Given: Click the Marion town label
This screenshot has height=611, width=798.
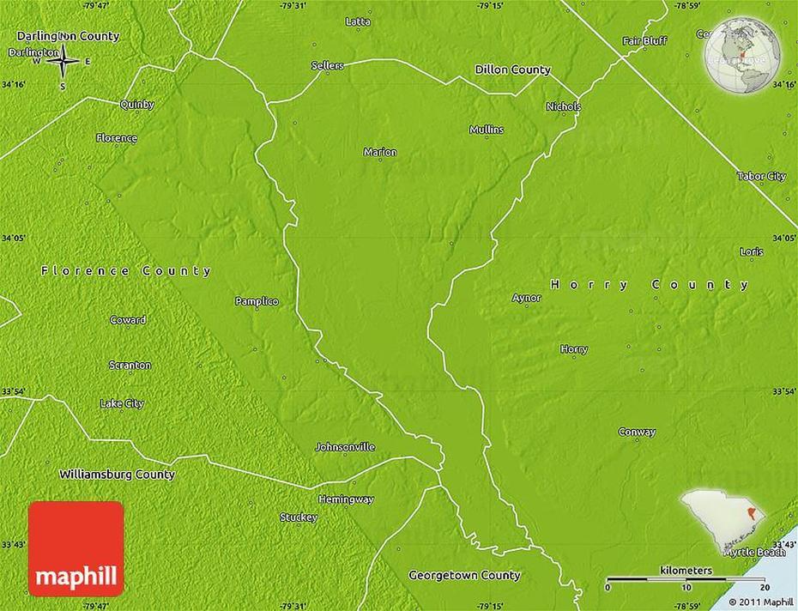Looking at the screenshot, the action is (x=380, y=152).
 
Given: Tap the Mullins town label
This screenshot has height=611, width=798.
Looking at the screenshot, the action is (x=487, y=130).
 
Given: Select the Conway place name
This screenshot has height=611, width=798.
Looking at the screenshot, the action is (x=637, y=432).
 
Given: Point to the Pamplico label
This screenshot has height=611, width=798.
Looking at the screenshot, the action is (x=257, y=301).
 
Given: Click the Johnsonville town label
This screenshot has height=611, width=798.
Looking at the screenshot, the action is (x=345, y=447).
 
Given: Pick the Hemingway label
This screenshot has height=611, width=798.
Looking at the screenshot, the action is (x=346, y=499).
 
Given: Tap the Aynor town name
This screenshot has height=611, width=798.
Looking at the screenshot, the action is (x=527, y=298).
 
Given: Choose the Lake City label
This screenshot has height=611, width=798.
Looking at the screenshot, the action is (x=122, y=403).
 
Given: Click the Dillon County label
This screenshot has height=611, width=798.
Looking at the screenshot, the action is (x=513, y=70).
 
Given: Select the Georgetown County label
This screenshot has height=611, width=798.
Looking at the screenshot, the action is (x=464, y=575).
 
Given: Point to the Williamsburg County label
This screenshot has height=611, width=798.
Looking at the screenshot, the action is (x=117, y=474).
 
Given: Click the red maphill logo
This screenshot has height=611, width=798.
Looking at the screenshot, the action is (x=76, y=548).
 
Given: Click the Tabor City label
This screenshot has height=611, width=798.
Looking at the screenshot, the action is (x=761, y=176).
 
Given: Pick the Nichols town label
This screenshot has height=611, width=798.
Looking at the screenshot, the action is (x=564, y=106).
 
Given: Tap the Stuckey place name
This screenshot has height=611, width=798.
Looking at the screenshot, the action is (x=299, y=517).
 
